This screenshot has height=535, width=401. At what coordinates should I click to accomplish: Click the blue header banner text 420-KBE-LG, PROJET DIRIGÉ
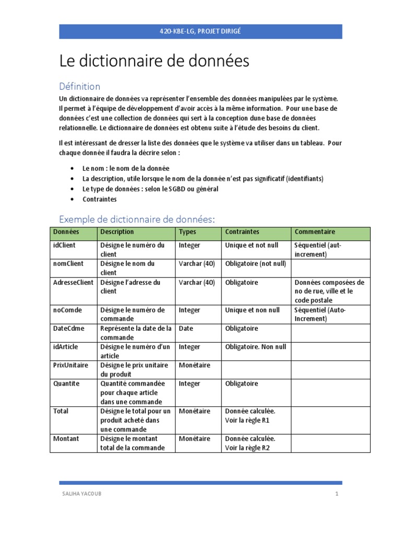click(x=200, y=31)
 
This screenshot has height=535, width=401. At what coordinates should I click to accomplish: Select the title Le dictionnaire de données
click(x=154, y=62)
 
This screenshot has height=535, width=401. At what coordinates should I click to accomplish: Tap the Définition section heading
click(x=79, y=86)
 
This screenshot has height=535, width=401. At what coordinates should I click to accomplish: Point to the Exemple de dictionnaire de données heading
click(x=137, y=219)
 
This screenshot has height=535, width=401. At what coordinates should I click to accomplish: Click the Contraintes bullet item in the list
click(x=100, y=199)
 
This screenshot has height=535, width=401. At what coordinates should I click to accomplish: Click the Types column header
click(x=187, y=232)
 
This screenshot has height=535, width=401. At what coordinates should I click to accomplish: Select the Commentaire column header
click(x=315, y=232)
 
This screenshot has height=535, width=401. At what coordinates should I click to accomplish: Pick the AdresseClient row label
click(x=74, y=283)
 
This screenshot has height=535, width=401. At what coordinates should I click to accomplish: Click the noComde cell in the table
click(x=68, y=310)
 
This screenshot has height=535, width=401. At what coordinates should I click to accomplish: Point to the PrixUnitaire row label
click(x=71, y=365)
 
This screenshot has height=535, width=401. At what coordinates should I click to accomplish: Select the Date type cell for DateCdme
click(x=186, y=329)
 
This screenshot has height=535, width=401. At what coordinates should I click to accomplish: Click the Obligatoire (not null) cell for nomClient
click(x=255, y=264)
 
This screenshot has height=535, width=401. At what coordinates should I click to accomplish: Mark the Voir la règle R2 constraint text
click(x=247, y=448)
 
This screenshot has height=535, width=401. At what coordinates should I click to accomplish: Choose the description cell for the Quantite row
click(x=133, y=392)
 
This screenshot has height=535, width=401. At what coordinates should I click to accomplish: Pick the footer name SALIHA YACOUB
click(x=81, y=494)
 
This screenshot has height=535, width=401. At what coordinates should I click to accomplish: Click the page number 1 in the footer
click(x=337, y=494)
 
